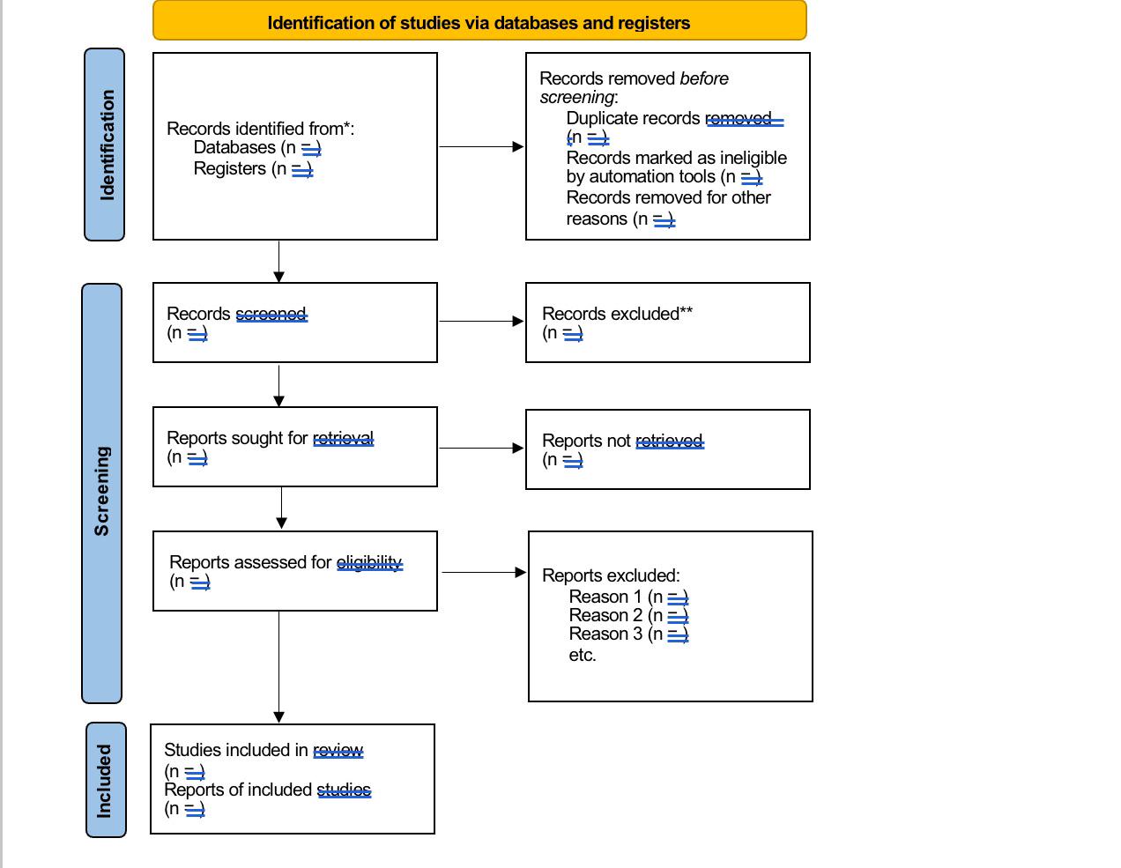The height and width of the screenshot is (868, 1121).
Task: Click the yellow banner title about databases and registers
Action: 479,23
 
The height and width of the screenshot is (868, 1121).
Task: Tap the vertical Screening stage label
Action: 102,492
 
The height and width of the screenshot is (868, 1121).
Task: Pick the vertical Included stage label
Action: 105,781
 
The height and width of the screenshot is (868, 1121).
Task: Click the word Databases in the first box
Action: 234,148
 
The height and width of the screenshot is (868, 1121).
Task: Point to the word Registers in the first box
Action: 229,168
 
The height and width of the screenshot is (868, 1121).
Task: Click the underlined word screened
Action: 271,315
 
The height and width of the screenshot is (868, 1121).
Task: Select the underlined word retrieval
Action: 343,439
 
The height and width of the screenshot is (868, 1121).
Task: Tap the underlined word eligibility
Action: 369,563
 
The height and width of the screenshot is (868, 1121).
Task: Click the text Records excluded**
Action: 617,314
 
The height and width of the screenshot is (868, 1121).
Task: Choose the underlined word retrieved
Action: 669,441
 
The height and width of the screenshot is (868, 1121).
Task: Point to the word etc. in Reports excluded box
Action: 583,656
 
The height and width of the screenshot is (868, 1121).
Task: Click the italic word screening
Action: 576,98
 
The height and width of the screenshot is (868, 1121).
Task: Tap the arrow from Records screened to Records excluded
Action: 480,322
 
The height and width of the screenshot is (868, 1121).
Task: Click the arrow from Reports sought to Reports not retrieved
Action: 480,449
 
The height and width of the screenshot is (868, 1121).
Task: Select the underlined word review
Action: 338,751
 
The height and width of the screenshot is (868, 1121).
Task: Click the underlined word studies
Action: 344,790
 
